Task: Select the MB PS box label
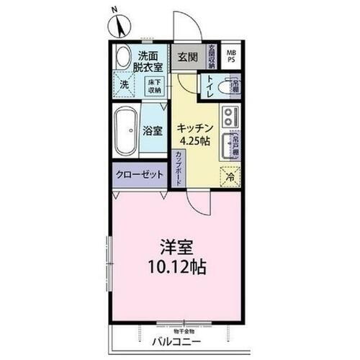(x=231, y=55)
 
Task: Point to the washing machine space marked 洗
(x=125, y=85)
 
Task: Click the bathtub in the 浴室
(x=125, y=131)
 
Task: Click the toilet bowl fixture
(x=230, y=87)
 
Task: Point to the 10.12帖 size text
(x=177, y=268)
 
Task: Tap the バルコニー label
(x=176, y=341)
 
